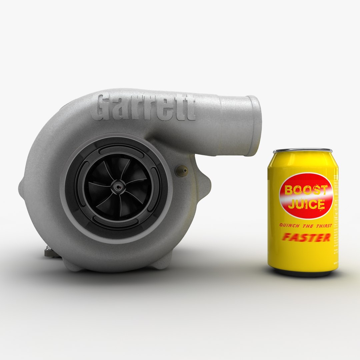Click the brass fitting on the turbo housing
[x=182, y=171]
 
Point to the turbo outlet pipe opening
[x=255, y=126]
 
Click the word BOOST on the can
[x=306, y=190]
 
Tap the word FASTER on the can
[x=306, y=237]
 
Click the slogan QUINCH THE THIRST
[x=305, y=226]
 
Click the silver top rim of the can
[x=303, y=151]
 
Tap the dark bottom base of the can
[x=303, y=273]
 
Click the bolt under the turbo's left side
[x=49, y=252]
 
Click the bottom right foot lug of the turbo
[x=163, y=261]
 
